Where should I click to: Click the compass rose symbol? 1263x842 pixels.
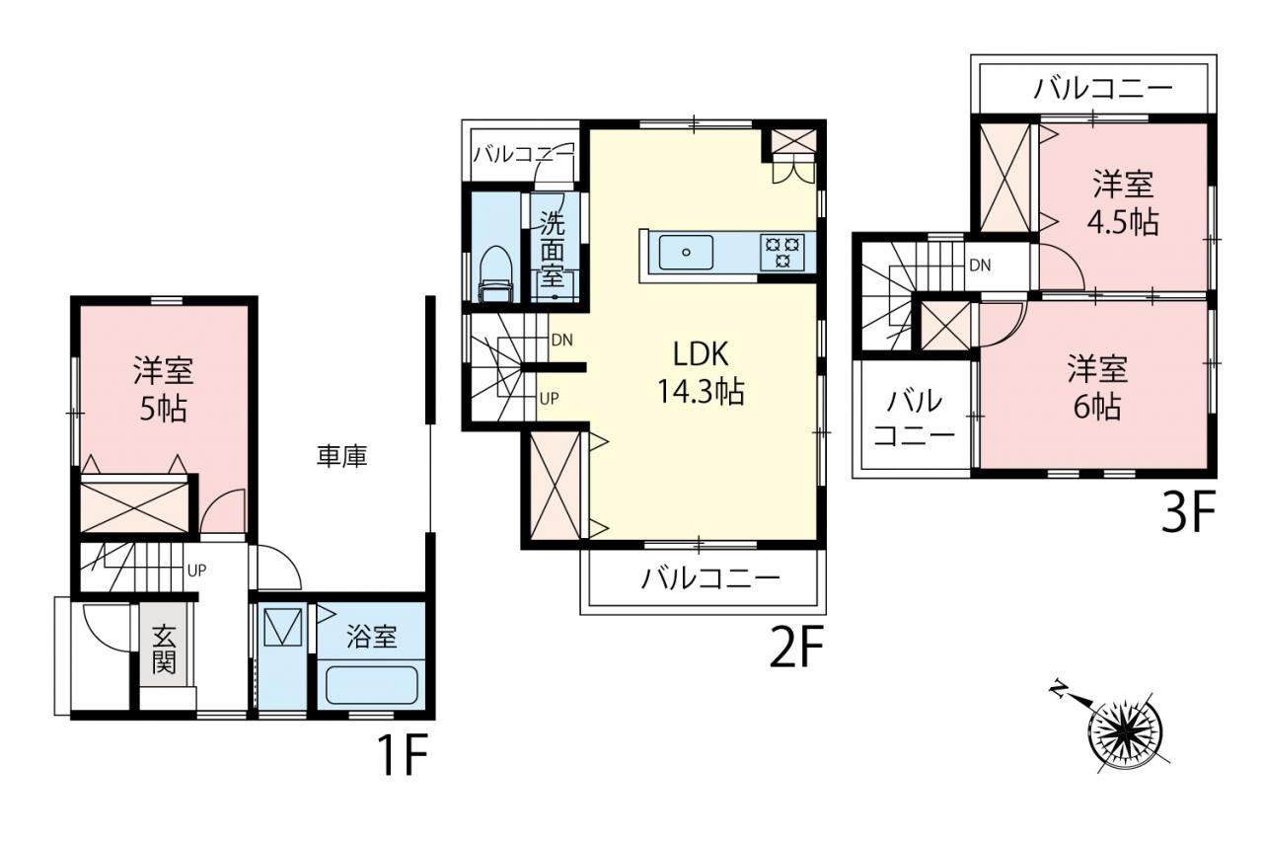pos(1125,733)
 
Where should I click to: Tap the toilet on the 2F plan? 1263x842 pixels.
pos(495,273)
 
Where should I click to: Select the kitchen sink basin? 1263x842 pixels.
pos(686,252)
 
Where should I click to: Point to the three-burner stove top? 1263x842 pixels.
pos(782,252)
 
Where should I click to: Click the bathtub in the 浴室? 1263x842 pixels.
pos(372,685)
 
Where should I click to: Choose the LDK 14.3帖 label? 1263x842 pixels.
pos(701,372)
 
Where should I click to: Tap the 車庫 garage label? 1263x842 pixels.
pos(341,456)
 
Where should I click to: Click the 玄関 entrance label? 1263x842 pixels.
pos(164,649)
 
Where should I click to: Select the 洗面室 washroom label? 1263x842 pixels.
pos(552,249)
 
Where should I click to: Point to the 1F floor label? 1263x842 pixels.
pos(404,754)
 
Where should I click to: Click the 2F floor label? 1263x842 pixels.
pos(796,648)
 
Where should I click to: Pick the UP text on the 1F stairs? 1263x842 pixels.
pos(196,571)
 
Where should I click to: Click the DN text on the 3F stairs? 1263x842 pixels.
pos(980,266)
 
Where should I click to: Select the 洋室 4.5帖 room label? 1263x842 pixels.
pos(1123,202)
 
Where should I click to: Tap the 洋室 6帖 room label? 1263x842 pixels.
pos(1096,388)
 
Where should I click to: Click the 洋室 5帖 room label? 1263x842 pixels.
pos(164,388)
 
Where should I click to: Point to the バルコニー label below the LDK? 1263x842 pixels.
pos(710,579)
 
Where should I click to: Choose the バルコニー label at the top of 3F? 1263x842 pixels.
pos(1103,89)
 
